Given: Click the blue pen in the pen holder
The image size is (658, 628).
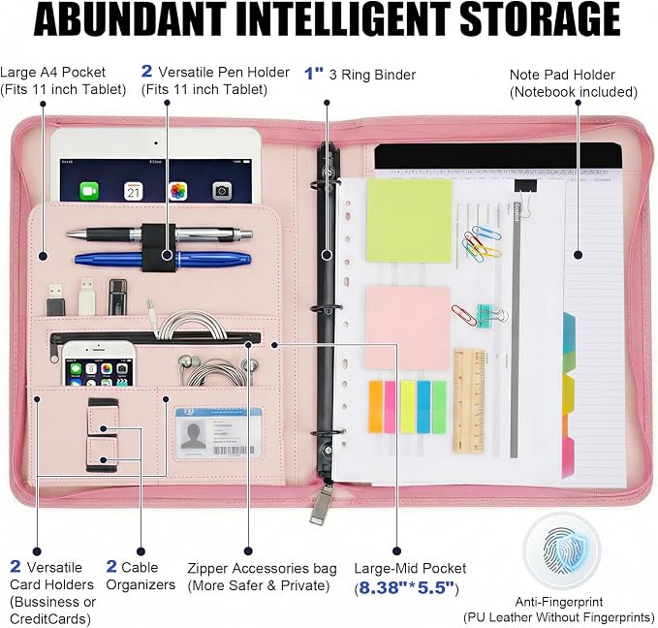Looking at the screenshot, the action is click(x=163, y=259).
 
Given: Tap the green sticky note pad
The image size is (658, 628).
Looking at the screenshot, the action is click(x=409, y=220).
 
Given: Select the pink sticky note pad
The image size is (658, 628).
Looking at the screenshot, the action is click(x=407, y=328).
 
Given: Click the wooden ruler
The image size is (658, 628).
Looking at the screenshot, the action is click(x=469, y=400).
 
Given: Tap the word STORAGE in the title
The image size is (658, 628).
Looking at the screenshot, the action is click(x=540, y=18).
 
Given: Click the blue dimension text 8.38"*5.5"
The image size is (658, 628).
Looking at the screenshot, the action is click(x=407, y=587).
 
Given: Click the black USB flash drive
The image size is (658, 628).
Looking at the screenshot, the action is click(x=117, y=297).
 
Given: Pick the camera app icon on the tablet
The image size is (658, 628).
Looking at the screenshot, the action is click(x=222, y=191).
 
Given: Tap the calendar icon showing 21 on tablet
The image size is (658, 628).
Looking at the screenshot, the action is click(x=134, y=192).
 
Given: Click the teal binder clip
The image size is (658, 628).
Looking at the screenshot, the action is click(x=486, y=315).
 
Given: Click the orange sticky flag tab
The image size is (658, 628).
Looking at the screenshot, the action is click(x=376, y=406).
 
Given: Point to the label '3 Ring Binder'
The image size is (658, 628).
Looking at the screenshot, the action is click(x=372, y=75).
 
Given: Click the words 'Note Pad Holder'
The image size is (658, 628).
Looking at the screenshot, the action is click(x=562, y=75).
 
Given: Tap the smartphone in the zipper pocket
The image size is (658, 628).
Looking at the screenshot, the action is click(x=100, y=363).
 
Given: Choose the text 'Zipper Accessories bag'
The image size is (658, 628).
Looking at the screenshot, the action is click(x=262, y=568).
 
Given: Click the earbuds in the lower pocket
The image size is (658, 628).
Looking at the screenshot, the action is click(x=218, y=369).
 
